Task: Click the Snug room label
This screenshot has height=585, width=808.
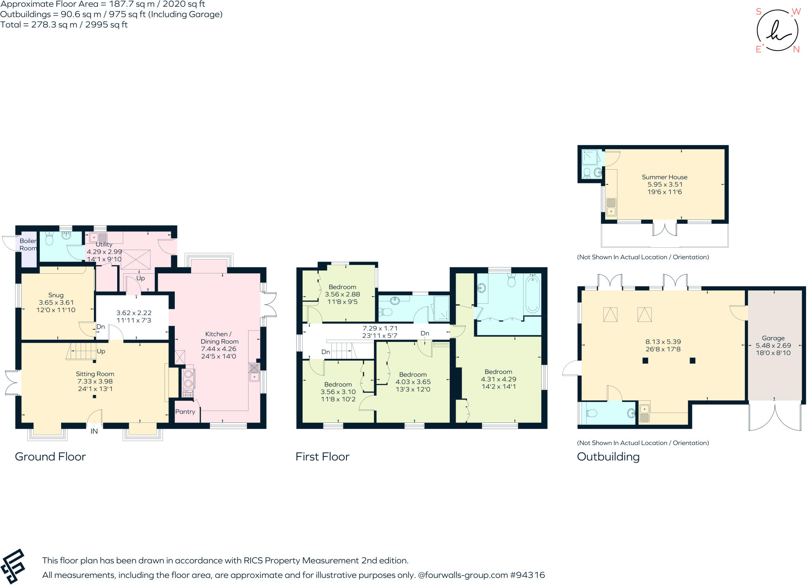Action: tap(56, 295)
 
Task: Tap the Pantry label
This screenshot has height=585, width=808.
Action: tap(185, 412)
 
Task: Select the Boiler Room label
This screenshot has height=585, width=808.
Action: tap(28, 245)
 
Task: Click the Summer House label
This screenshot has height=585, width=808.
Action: tap(664, 177)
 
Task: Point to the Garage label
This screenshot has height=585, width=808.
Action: tap(773, 338)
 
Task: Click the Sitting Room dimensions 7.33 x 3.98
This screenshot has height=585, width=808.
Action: tap(95, 381)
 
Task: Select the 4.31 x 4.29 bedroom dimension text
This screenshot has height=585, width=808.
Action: tap(498, 379)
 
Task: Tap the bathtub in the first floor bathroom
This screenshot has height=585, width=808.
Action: tap(533, 294)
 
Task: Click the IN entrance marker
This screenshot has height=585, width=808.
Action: tap(94, 432)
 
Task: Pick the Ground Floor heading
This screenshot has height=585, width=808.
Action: tap(50, 457)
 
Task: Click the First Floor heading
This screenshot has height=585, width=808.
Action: tap(322, 457)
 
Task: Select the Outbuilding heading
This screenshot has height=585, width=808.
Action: tap(608, 457)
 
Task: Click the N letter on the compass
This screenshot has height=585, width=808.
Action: tap(796, 49)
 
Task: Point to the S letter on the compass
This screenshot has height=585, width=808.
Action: tap(758, 11)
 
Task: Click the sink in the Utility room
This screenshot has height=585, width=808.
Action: tap(98, 237)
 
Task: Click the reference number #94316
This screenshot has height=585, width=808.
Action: tap(527, 575)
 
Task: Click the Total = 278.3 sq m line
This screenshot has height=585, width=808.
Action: tap(64, 25)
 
